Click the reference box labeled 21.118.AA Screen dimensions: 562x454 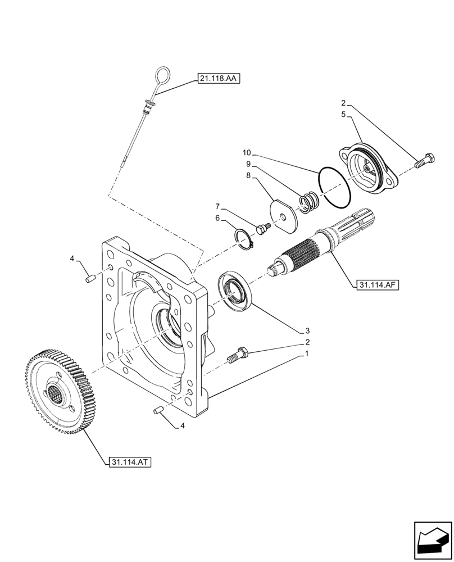[x=219, y=79]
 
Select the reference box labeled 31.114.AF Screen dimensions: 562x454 [x=376, y=285]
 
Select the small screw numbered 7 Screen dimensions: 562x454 [x=262, y=227]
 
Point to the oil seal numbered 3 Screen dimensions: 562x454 [x=235, y=289]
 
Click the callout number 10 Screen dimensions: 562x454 [x=248, y=152]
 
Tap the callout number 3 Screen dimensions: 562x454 [x=307, y=330]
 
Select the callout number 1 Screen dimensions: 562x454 [x=307, y=354]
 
